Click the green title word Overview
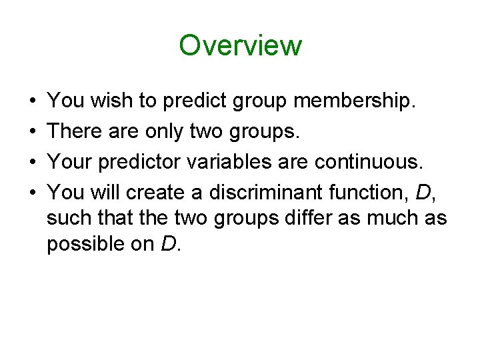(x=240, y=45)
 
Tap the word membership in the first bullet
(x=355, y=101)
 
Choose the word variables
(x=253, y=161)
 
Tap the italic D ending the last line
(x=168, y=244)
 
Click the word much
(x=391, y=218)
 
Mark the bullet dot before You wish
(x=33, y=102)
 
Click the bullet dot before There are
(x=33, y=132)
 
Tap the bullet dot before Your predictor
(x=33, y=162)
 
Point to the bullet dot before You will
(x=33, y=193)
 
